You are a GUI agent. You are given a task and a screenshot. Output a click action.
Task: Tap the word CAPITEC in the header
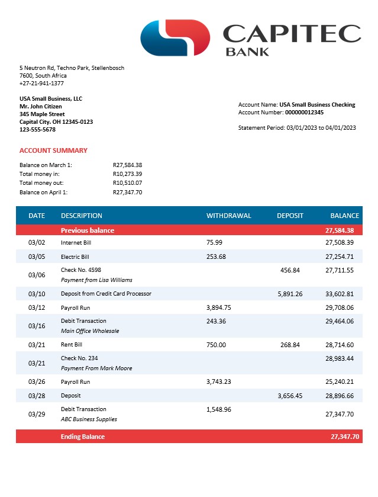[292, 33]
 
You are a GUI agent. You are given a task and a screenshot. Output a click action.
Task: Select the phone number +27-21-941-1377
[41, 84]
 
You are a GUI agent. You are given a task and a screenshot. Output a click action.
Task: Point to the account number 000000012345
[304, 112]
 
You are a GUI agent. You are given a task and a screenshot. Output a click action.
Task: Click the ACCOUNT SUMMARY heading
[53, 150]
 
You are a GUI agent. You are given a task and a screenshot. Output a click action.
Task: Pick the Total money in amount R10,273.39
[127, 174]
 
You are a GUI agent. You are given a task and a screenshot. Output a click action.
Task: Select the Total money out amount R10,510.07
[127, 183]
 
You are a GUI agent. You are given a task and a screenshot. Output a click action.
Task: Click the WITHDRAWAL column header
[228, 216]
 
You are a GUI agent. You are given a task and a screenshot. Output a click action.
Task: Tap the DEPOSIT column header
[290, 216]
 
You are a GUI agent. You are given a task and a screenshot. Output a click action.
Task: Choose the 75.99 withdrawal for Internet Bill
[214, 243]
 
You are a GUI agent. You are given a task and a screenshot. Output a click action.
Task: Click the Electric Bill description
[75, 256]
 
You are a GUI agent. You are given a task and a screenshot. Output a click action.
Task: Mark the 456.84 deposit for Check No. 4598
[290, 270]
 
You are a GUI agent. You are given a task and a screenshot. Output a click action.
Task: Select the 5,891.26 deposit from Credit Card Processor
[290, 294]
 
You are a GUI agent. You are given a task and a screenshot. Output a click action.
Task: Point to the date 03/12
[37, 307]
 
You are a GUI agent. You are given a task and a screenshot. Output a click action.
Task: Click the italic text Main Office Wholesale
[89, 331]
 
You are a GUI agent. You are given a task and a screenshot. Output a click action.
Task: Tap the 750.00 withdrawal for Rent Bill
[216, 345]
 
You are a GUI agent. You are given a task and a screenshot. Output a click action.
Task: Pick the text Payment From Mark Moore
[96, 368]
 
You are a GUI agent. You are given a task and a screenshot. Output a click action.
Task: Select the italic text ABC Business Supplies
[89, 419]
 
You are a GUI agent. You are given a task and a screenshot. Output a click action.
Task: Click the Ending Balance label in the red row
[82, 437]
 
